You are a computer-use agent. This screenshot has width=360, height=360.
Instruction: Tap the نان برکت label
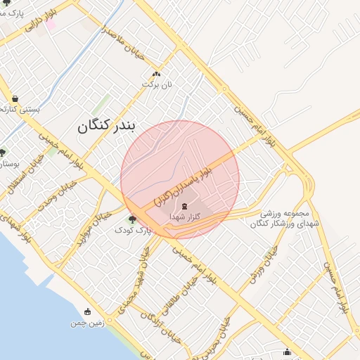click(x=157, y=84)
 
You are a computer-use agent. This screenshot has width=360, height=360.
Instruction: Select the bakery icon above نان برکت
click(x=156, y=74)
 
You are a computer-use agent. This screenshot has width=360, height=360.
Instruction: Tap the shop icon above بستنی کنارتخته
click(x=15, y=98)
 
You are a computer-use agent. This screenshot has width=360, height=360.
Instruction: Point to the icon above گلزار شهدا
click(x=184, y=206)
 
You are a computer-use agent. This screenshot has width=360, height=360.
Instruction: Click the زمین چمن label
click(x=87, y=323)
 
